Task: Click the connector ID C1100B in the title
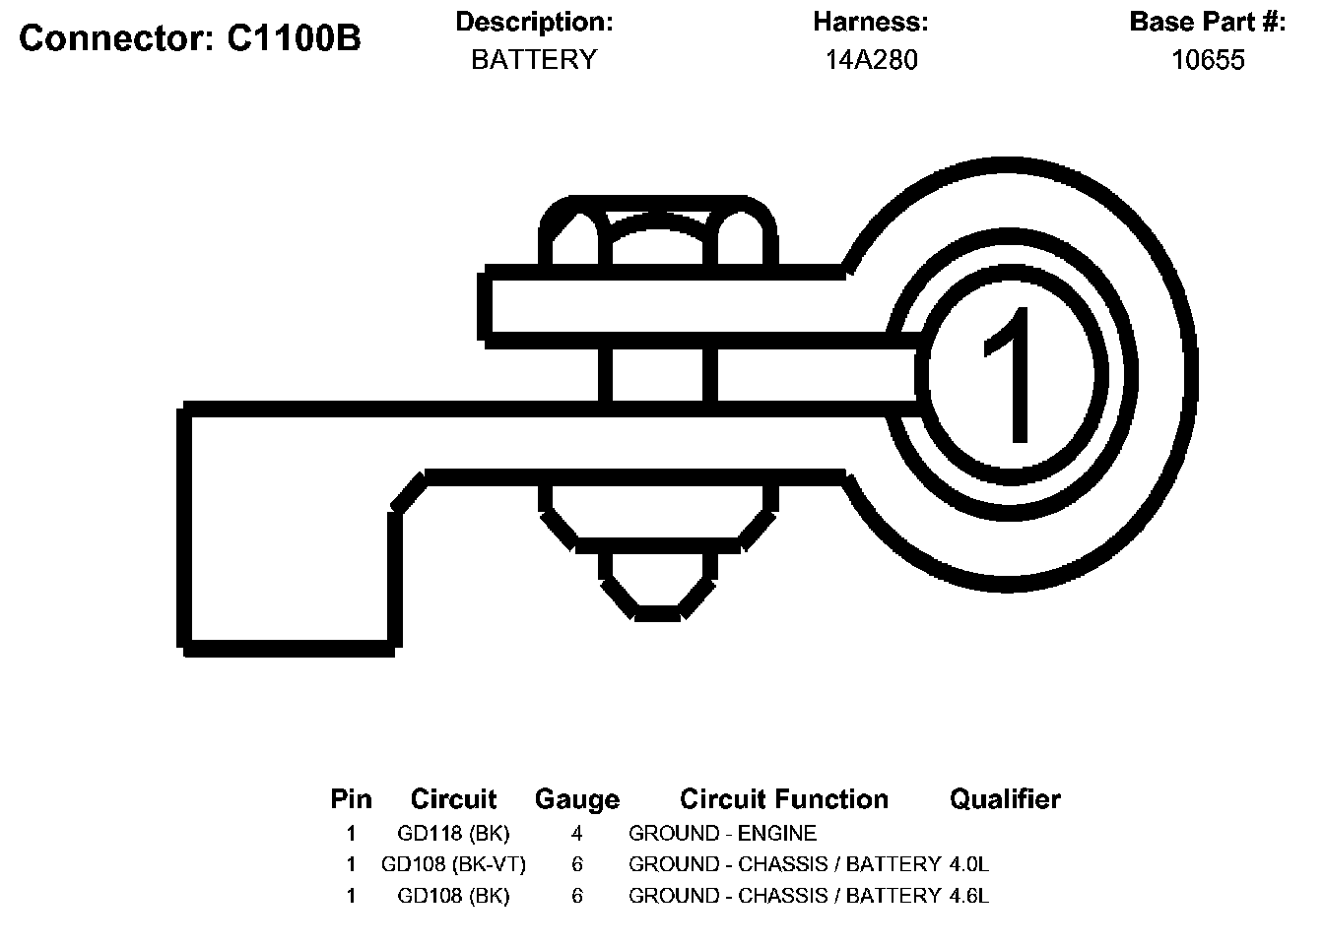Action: pos(294,38)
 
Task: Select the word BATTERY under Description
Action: pos(534,60)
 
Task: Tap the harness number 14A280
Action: pos(871,60)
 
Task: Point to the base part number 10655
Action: pos(1208,60)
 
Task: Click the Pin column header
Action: pos(351,799)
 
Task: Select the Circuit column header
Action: pos(453,799)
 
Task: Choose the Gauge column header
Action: pos(577,800)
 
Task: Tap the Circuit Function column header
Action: pos(784,799)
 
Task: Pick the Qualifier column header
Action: pos(1005,799)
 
